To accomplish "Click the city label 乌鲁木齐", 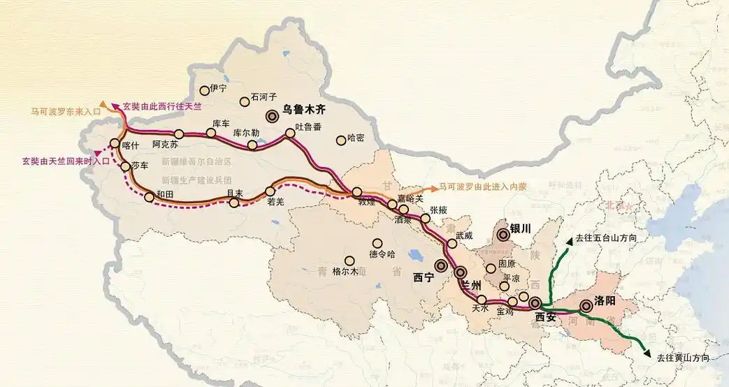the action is [304, 110].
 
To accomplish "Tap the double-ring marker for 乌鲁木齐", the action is [271, 117].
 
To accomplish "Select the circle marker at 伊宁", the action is [205, 90].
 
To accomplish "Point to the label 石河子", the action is [264, 97].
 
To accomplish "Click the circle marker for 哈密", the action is [341, 140].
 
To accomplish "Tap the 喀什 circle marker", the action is [115, 145].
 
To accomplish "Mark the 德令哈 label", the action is [382, 254].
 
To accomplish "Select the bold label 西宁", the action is [424, 277].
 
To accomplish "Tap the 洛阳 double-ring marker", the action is [586, 305].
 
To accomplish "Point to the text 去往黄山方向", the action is [683, 358].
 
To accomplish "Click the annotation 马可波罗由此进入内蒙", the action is [480, 188].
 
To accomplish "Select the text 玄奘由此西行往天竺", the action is [161, 106].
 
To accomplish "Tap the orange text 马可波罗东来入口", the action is [64, 110].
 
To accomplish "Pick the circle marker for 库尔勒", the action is [252, 145].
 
